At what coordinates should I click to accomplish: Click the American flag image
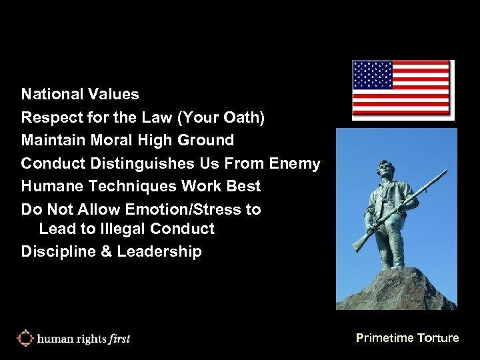403,89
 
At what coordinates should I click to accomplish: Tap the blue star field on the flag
373,75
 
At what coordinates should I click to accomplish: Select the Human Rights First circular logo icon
25,338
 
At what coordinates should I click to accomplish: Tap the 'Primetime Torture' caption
407,338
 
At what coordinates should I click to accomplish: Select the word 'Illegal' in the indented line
123,229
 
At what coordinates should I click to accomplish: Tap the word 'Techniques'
124,186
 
